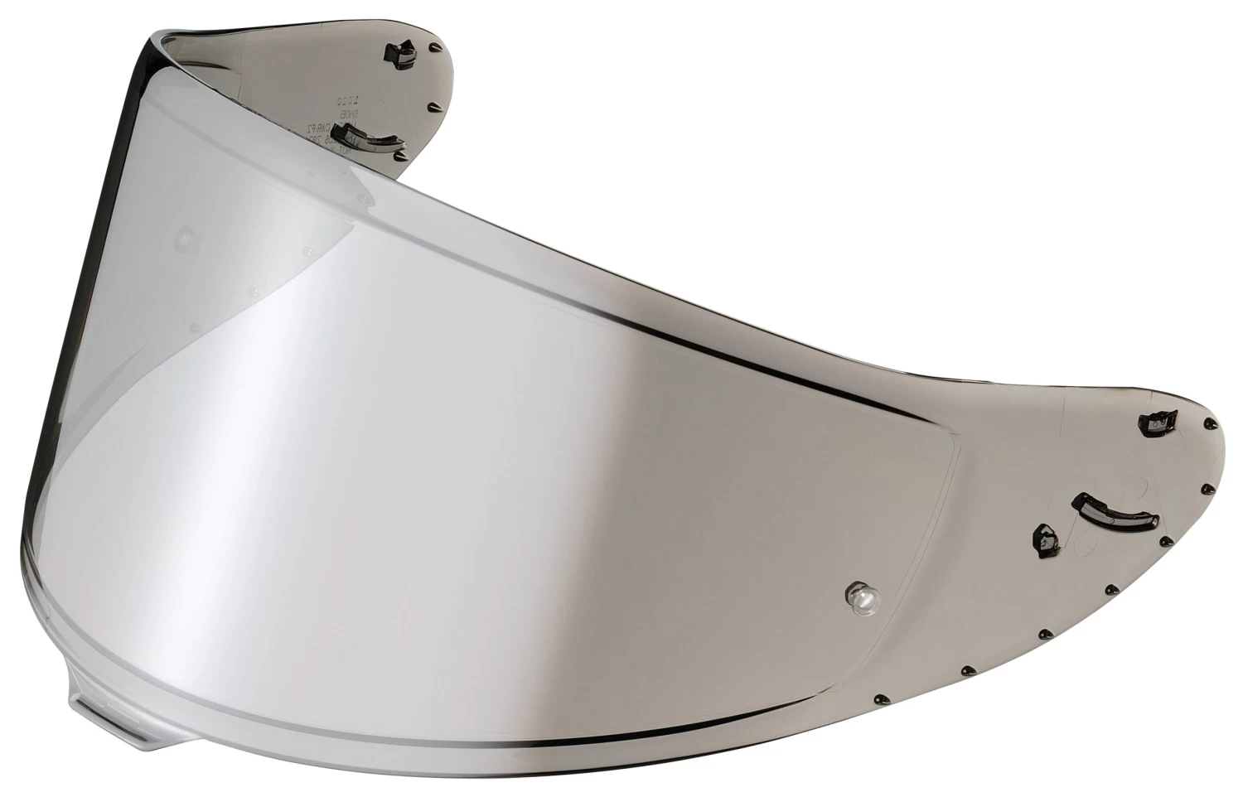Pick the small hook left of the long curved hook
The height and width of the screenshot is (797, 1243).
click(x=1044, y=539)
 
